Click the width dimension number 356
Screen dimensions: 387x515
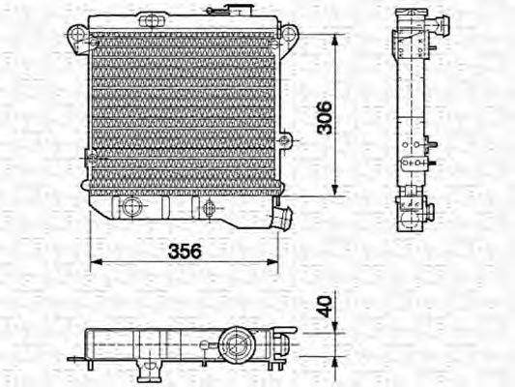[x=185, y=251]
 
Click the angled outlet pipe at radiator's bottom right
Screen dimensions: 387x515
[x=281, y=217]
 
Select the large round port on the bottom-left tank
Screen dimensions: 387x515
[x=131, y=206]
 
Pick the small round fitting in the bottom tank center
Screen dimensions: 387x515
[x=207, y=205]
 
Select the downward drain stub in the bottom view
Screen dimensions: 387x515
[x=148, y=368]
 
